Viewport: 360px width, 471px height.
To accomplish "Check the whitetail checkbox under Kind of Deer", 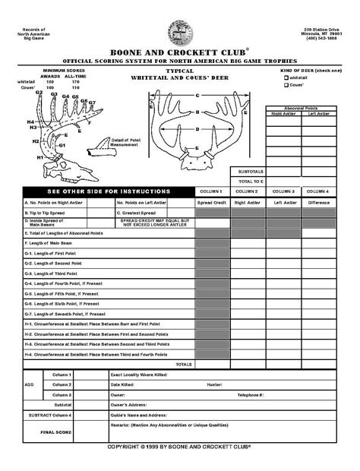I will [x=286, y=77].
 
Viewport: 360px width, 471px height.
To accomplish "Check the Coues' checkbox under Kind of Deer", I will [x=286, y=85].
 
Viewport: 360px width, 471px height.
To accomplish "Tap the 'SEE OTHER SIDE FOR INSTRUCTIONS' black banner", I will [x=109, y=191].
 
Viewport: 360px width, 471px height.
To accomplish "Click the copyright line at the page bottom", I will [x=179, y=447].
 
